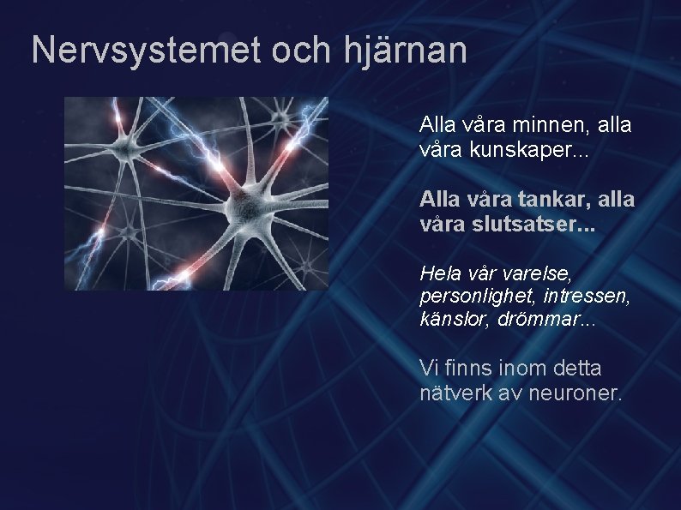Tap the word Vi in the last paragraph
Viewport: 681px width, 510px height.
click(428, 369)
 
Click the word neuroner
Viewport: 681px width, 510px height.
click(576, 394)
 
